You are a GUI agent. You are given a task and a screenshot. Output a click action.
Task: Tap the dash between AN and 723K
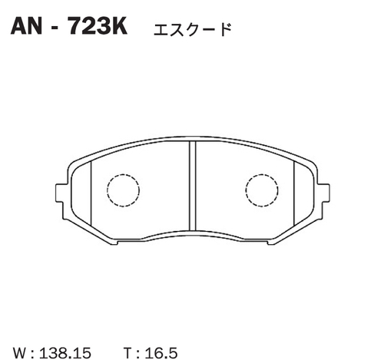(57, 28)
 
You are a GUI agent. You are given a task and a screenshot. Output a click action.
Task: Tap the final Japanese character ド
(224, 29)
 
